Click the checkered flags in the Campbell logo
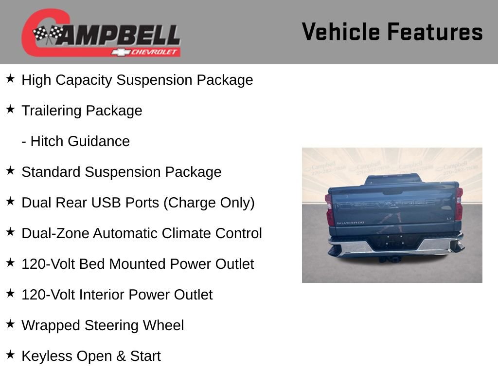(x=48, y=35)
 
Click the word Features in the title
(x=435, y=32)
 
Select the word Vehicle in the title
(x=340, y=32)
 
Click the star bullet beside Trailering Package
(x=10, y=110)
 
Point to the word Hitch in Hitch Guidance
(x=46, y=141)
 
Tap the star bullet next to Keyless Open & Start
(x=10, y=355)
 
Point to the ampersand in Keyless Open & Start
(x=121, y=356)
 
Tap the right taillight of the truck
(x=458, y=205)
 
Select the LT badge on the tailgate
(x=449, y=219)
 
